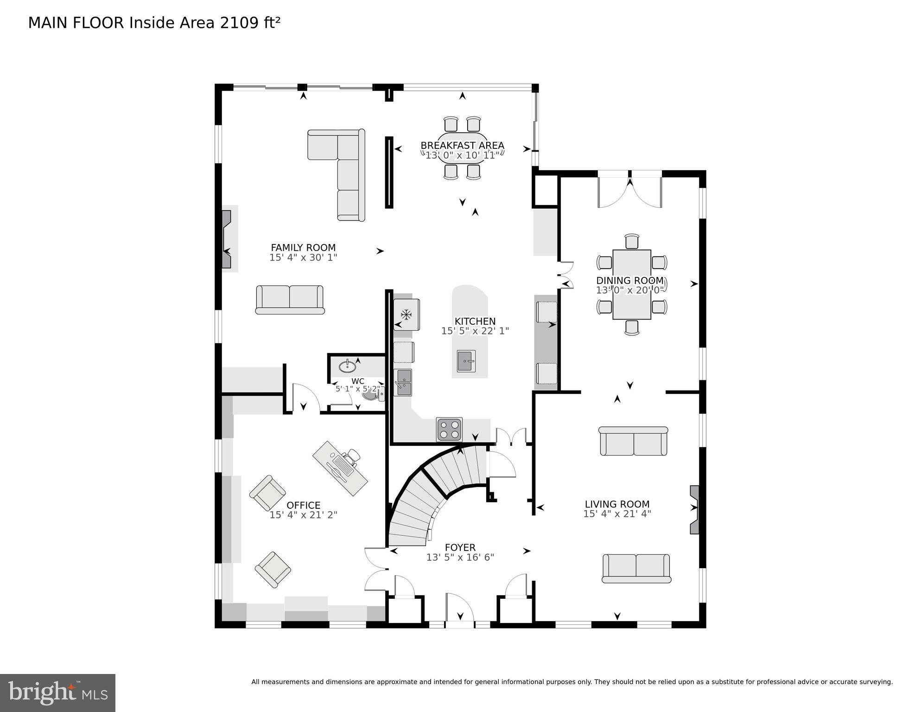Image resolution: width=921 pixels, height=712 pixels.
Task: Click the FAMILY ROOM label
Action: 303,248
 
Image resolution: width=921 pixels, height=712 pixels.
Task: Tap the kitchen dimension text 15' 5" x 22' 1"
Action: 475,331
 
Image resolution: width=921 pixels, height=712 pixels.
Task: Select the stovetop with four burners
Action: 449,430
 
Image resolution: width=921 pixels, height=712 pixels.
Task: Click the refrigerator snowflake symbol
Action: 407,315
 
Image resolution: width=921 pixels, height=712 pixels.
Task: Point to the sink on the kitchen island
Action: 466,361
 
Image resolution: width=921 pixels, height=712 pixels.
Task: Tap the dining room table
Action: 631,284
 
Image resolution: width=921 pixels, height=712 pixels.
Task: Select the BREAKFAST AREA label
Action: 462,146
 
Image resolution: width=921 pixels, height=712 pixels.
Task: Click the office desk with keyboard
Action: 340,468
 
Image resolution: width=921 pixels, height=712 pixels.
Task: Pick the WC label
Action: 357,381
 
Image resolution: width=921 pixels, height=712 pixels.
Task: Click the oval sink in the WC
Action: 347,367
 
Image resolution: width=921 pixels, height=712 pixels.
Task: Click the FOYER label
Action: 460,547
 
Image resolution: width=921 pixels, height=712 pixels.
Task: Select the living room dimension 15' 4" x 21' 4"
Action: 617,514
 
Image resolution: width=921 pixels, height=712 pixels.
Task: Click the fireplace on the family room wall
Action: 226,239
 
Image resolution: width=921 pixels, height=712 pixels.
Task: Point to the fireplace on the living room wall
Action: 694,510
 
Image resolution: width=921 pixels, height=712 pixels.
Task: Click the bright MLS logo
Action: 57,693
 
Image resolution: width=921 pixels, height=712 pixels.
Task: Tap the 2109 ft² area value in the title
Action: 250,23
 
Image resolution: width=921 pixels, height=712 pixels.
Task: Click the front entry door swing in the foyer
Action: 459,609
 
